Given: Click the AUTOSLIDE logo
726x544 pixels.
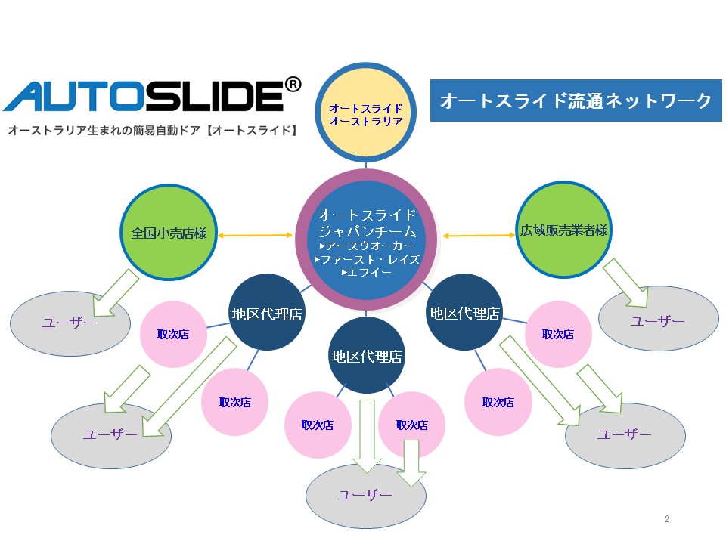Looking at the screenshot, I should tap(144, 97).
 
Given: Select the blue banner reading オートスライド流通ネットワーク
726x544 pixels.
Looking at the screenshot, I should tap(576, 100).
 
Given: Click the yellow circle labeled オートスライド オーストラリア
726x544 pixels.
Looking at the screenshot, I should tap(365, 114).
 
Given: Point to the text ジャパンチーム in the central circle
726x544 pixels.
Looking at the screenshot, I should tap(368, 230).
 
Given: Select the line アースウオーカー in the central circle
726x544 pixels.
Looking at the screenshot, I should tap(368, 246).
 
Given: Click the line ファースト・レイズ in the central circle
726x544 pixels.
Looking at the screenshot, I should tap(367, 259).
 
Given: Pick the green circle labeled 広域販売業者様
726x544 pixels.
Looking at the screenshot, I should tap(563, 230).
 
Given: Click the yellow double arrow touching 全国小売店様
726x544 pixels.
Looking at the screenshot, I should tap(255, 236).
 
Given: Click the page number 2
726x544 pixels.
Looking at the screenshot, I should tap(666, 519).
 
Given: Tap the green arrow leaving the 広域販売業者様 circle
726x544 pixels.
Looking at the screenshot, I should tap(627, 283).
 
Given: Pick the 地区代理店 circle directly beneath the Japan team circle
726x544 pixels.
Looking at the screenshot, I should tap(367, 355).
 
